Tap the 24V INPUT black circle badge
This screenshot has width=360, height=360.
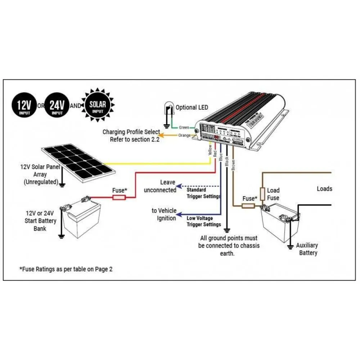(57, 105)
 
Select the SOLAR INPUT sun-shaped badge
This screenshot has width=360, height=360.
(98, 105)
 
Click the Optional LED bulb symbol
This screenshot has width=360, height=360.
(168, 109)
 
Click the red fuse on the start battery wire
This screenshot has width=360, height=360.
(119, 197)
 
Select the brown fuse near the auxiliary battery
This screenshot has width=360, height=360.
(248, 206)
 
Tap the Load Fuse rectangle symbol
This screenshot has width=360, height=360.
(262, 194)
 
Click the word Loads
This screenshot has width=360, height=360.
(324, 189)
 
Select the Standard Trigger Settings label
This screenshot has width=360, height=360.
(203, 193)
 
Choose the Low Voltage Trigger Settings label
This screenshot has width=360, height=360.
(204, 221)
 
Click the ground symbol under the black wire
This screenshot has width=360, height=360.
(227, 230)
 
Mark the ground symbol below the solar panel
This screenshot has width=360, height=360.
(62, 185)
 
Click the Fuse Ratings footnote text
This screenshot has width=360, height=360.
(66, 269)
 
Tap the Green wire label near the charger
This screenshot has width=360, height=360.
(184, 127)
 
